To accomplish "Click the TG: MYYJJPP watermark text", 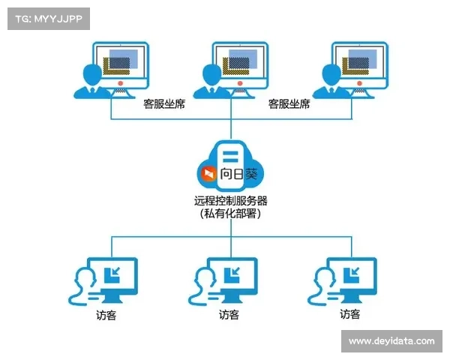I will pos(48,18).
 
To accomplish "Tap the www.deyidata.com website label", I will pos(391,340).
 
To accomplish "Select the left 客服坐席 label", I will pos(164,105).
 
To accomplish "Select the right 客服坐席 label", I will pos(289,105).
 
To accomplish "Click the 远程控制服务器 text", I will pos(230,200).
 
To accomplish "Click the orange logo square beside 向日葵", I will pos(207,174).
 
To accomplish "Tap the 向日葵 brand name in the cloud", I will pos(238,174).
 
